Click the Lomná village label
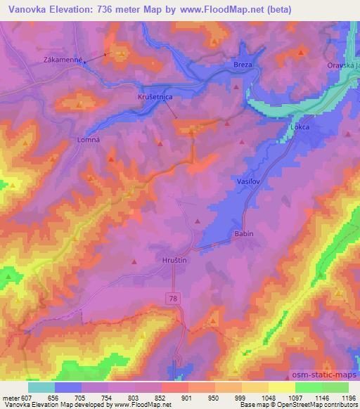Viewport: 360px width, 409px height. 87,139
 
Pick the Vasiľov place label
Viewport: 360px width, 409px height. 243,181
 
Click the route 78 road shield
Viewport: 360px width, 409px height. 173,299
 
